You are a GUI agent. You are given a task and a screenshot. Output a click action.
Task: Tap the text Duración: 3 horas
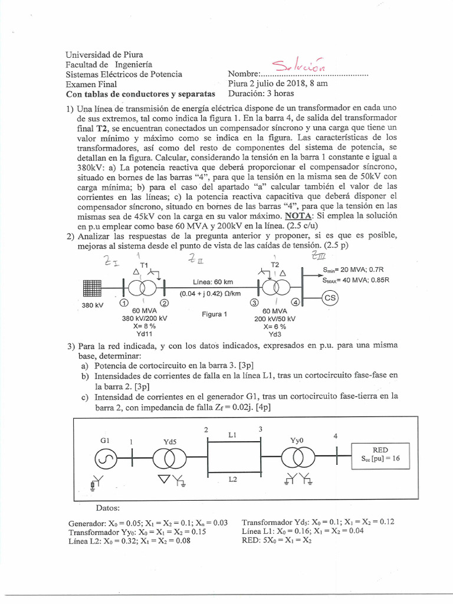tap(262, 93)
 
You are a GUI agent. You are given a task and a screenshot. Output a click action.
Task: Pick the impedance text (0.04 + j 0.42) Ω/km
tap(212, 293)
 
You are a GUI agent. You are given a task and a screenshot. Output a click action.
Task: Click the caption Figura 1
tap(215, 314)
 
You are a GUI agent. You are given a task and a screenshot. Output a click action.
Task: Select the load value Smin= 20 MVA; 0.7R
tap(354, 270)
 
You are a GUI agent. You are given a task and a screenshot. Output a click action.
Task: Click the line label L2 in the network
tap(233, 480)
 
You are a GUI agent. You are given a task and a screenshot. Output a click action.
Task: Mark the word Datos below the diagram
tap(108, 508)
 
